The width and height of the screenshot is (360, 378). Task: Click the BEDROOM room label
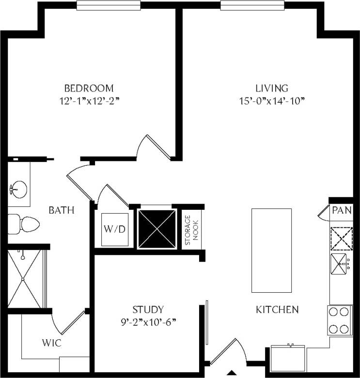pyautogui.click(x=89, y=88)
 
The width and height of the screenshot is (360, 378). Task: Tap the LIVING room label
pyautogui.click(x=272, y=88)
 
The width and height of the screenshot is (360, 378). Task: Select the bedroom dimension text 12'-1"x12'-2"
pyautogui.click(x=89, y=101)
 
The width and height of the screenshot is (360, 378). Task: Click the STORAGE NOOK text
pyautogui.click(x=192, y=230)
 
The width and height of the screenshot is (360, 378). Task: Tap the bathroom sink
pyautogui.click(x=18, y=188)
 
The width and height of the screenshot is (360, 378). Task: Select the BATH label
pyautogui.click(x=62, y=210)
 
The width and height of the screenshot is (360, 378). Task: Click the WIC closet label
pyautogui.click(x=51, y=343)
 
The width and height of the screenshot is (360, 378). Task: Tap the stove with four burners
pyautogui.click(x=340, y=320)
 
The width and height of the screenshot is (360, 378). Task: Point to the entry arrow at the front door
pyautogui.click(x=232, y=373)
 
